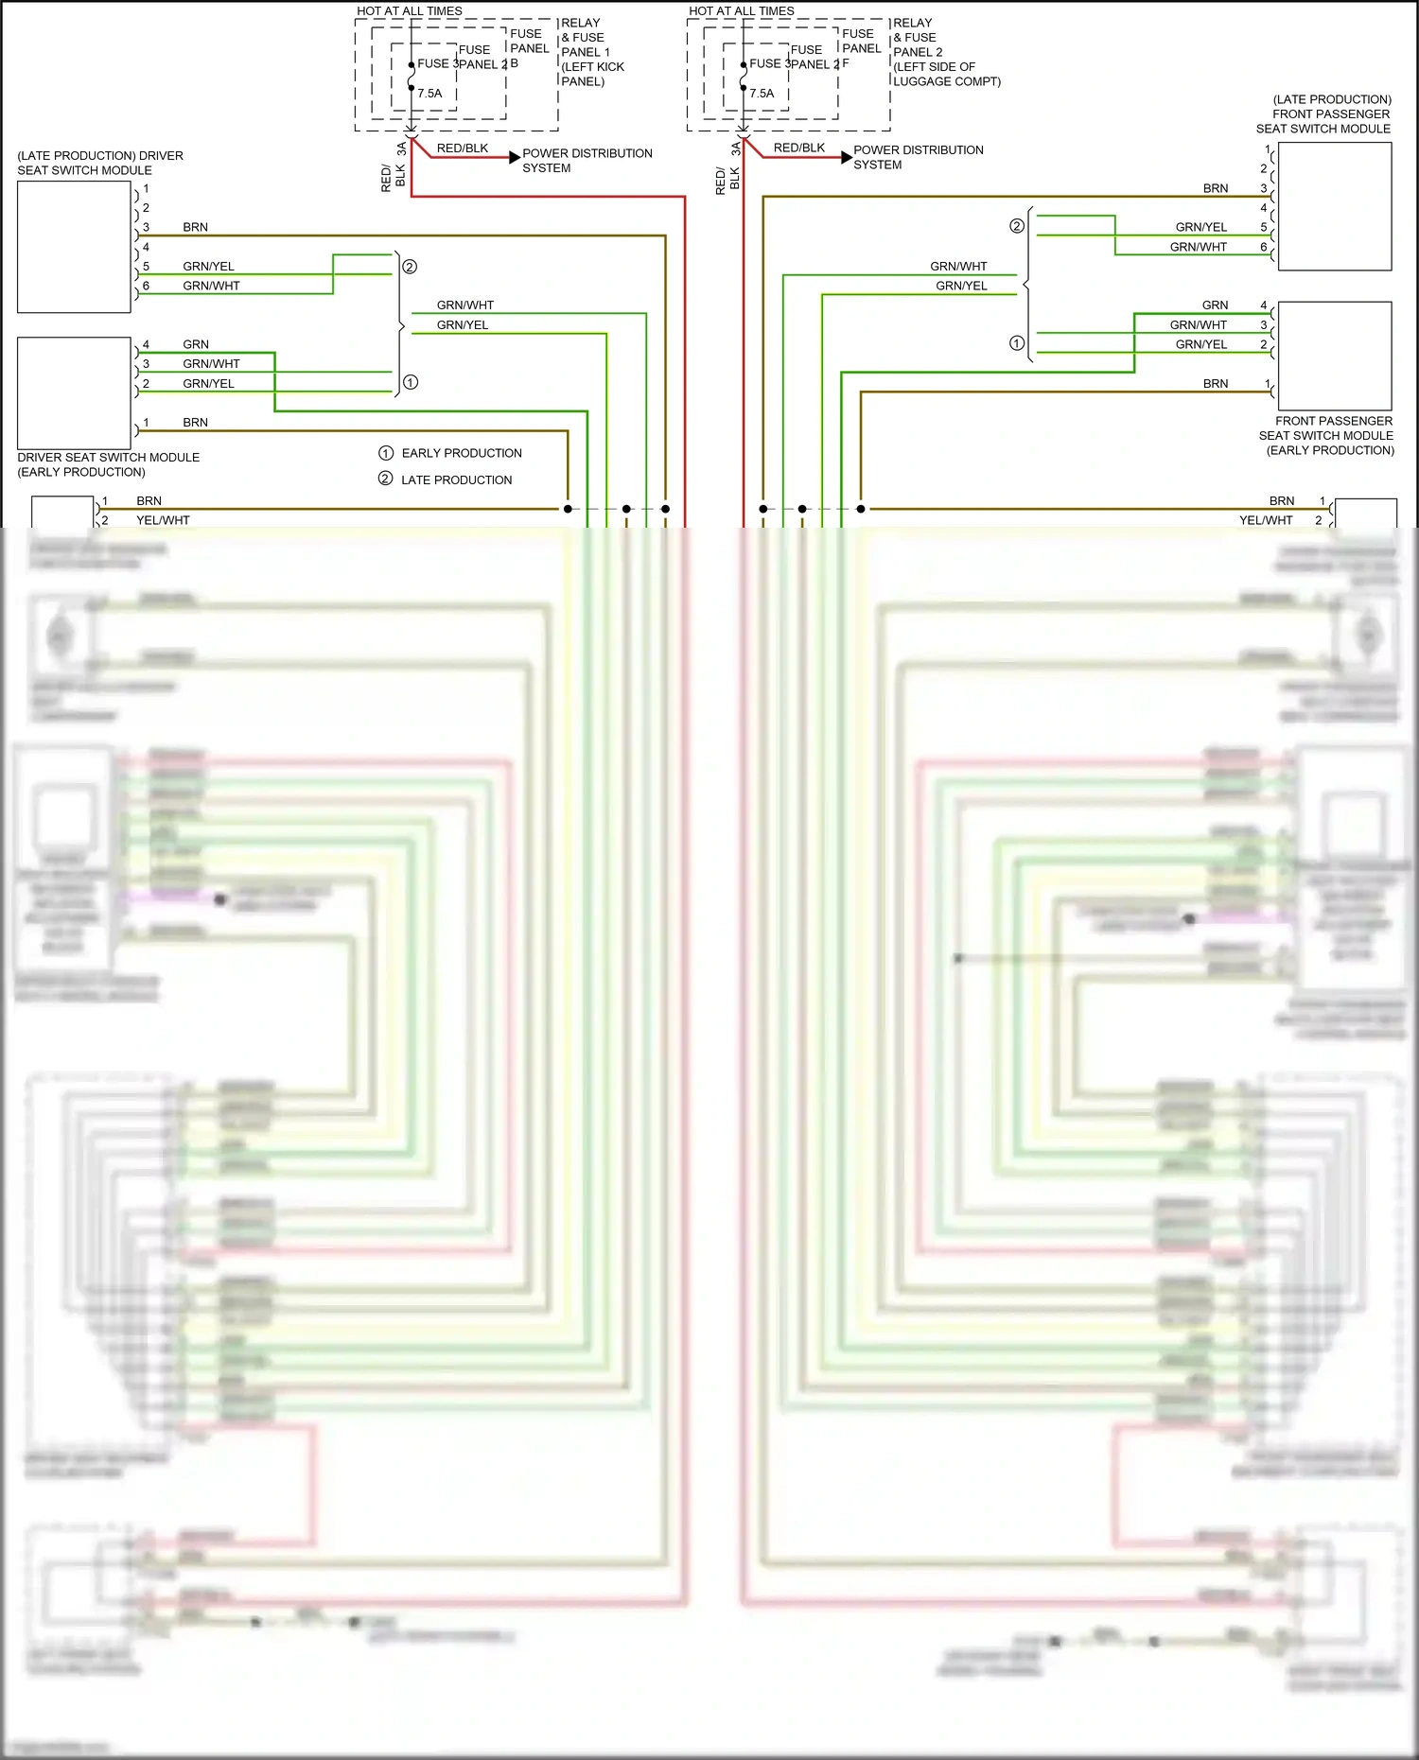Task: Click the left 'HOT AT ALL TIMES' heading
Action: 409,11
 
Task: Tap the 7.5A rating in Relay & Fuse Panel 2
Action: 762,94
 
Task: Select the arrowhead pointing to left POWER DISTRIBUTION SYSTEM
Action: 515,157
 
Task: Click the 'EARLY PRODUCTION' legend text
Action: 462,453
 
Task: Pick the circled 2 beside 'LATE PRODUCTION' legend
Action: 385,479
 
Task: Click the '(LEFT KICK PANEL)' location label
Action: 592,74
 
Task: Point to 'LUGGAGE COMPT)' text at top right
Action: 946,81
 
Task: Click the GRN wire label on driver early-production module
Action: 196,344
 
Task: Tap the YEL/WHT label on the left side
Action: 163,520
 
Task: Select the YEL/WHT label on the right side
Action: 1265,520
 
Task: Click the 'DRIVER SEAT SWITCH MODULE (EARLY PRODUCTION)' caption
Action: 108,464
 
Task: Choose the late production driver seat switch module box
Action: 74,247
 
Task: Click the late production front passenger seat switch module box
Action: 1334,206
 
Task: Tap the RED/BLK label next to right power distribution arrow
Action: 798,148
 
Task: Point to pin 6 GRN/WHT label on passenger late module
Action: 1198,247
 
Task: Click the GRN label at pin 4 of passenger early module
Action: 1215,305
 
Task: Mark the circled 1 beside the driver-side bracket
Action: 411,382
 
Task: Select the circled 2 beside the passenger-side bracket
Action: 1017,226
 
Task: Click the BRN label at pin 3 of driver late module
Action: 195,227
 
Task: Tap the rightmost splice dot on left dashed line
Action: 665,509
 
